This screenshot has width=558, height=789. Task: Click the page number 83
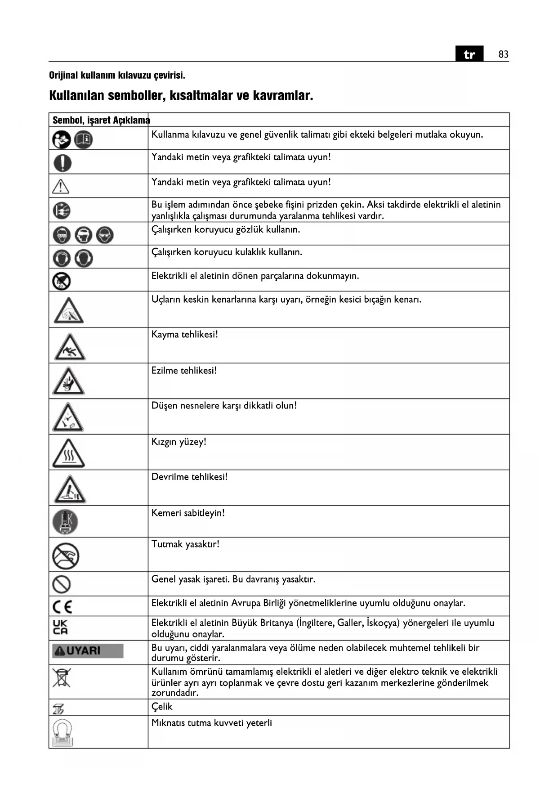(503, 54)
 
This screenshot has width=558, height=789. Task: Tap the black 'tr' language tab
(469, 54)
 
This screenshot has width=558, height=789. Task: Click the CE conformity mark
(62, 607)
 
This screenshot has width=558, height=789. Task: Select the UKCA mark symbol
(60, 628)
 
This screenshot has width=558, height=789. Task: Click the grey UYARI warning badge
(88, 651)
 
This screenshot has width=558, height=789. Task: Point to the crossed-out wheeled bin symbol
(62, 678)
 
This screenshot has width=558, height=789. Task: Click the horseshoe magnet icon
(62, 732)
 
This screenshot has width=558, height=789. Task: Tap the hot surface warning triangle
(68, 453)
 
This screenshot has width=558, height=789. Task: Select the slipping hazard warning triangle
(70, 347)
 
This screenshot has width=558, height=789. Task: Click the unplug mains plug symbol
(62, 210)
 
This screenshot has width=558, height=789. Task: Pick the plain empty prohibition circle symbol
(62, 584)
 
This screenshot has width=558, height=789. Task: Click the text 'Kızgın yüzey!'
(179, 442)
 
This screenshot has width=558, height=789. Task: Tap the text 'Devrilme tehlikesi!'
(189, 477)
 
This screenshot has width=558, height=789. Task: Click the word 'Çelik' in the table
(162, 707)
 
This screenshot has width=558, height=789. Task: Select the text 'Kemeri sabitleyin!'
(188, 513)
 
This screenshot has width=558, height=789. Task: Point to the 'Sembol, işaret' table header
(81, 120)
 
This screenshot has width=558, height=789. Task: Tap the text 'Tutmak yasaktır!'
(185, 544)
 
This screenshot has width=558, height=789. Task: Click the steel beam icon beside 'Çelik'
(58, 708)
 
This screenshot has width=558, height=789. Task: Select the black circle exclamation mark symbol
(62, 162)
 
